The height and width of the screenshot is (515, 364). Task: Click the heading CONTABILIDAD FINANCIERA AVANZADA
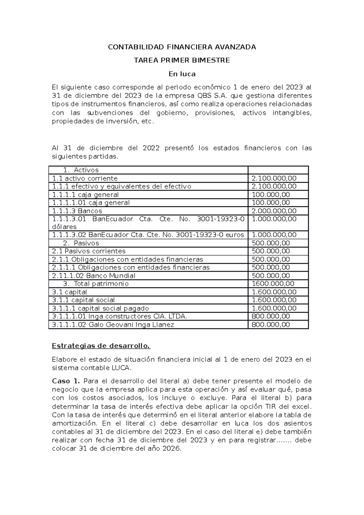(182, 47)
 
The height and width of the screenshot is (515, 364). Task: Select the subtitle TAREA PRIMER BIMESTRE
(182, 60)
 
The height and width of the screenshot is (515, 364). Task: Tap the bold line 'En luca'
(182, 74)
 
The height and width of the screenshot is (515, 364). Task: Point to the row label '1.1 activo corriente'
(85, 178)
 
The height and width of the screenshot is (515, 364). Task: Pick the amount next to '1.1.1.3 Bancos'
(274, 211)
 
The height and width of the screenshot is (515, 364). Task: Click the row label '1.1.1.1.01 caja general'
(91, 203)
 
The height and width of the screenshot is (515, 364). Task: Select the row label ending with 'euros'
(148, 235)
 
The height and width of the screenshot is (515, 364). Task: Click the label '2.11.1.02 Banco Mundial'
(94, 276)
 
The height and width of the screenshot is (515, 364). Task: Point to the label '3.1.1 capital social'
(83, 300)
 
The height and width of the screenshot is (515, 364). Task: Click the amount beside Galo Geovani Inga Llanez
(271, 325)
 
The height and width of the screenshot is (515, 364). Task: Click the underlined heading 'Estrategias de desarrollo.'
(101, 346)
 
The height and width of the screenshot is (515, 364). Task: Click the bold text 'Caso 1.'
(66, 381)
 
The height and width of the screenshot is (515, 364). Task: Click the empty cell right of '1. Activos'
(278, 170)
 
